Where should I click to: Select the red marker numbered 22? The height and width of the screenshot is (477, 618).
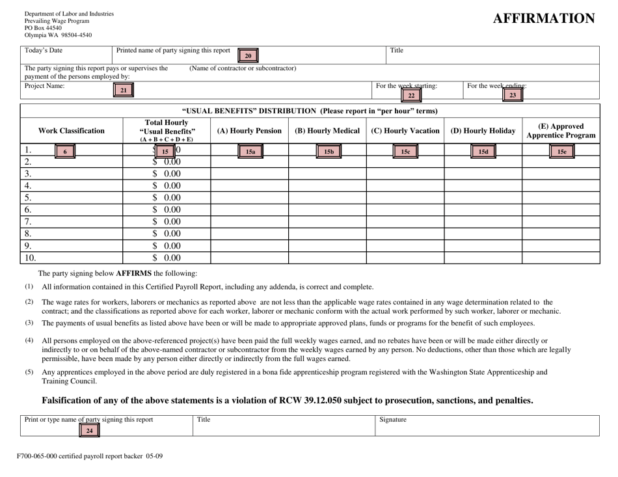click(410, 95)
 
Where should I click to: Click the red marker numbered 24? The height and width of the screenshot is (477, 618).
click(90, 430)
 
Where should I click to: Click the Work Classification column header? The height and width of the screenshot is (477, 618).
click(72, 131)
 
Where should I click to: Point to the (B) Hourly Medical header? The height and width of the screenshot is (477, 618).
click(327, 131)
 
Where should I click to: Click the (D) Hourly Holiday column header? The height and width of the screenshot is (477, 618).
click(483, 131)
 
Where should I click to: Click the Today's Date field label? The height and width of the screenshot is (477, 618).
click(44, 51)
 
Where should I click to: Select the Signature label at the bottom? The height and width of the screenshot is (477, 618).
click(392, 420)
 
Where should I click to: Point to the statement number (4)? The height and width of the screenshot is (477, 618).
click(29, 340)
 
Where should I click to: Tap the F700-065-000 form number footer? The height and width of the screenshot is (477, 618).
click(90, 456)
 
